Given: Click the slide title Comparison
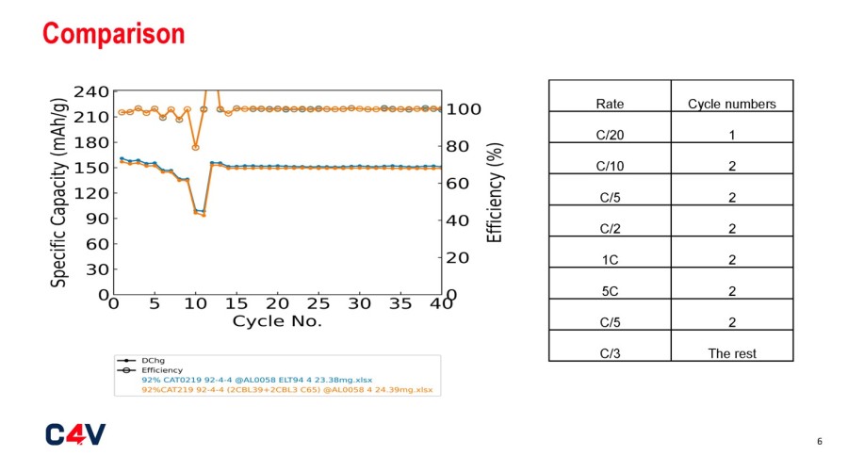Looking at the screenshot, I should [114, 34].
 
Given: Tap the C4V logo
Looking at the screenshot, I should [75, 433].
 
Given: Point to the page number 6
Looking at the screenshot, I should [819, 441].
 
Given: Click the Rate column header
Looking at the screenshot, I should [610, 104].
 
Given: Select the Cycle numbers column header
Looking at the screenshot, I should [731, 104].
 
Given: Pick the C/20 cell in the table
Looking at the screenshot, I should [610, 135].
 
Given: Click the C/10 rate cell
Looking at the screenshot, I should [610, 167].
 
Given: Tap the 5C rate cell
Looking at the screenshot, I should [610, 291].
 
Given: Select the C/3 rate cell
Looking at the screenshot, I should [610, 353].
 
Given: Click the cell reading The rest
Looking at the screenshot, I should [731, 353].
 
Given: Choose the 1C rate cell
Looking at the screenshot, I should [610, 260].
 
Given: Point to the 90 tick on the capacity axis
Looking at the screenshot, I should [94, 219].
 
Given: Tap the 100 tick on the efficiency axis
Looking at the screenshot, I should [465, 109].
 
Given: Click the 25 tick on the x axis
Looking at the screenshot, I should [318, 304].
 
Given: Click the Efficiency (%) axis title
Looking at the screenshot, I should [495, 192].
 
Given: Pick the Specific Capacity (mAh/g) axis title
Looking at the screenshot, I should [59, 193].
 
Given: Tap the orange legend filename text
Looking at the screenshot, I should [286, 389].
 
